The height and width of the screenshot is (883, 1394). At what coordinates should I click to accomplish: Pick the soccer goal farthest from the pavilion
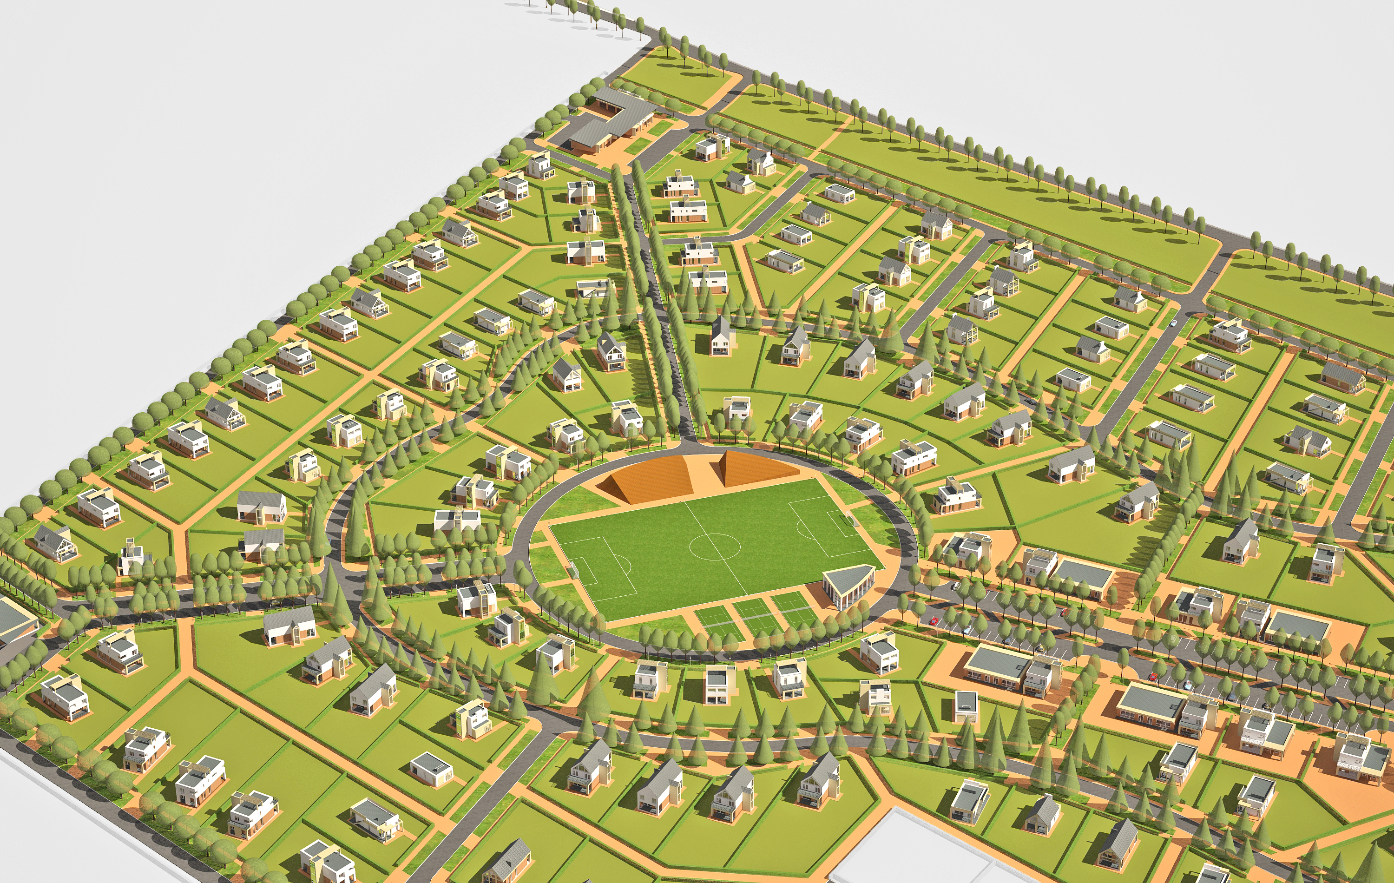(573, 570)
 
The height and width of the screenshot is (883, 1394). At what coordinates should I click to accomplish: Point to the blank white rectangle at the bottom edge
(926, 851)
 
